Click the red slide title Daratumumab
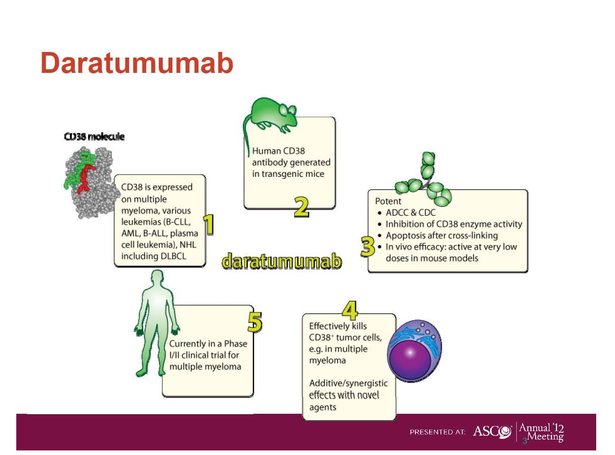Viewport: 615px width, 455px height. (137, 64)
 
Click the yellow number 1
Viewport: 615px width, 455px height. (208, 225)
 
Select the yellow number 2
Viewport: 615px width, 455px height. (301, 206)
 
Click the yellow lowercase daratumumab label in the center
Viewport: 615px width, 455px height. (282, 261)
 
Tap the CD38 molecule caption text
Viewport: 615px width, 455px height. (94, 137)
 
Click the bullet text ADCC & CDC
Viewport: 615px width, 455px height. (410, 213)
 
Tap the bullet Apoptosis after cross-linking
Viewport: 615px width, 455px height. (441, 235)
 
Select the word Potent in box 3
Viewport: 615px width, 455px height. (388, 201)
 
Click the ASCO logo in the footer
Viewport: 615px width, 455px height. (492, 431)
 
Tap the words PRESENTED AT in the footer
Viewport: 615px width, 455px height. (437, 432)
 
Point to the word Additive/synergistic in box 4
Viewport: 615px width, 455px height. (348, 383)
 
